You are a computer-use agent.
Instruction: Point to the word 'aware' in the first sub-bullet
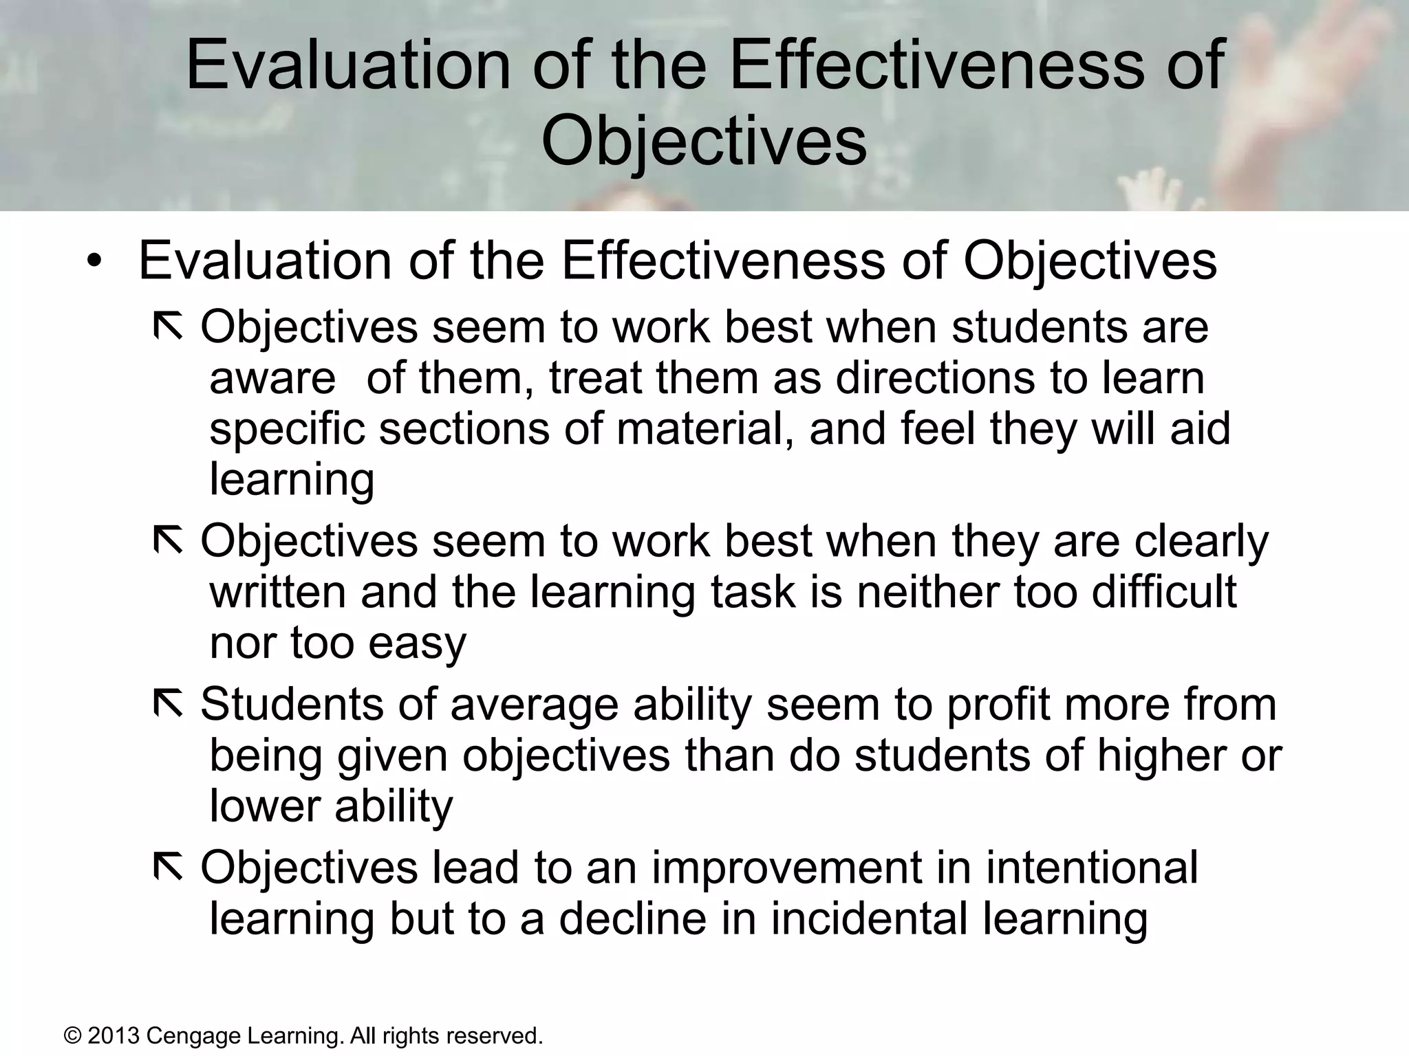pos(272,378)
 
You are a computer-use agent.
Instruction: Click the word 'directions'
pos(935,378)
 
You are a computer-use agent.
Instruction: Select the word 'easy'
pos(417,643)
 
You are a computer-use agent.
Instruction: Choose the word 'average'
pos(535,705)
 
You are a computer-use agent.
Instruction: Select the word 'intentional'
pos(1092,868)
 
